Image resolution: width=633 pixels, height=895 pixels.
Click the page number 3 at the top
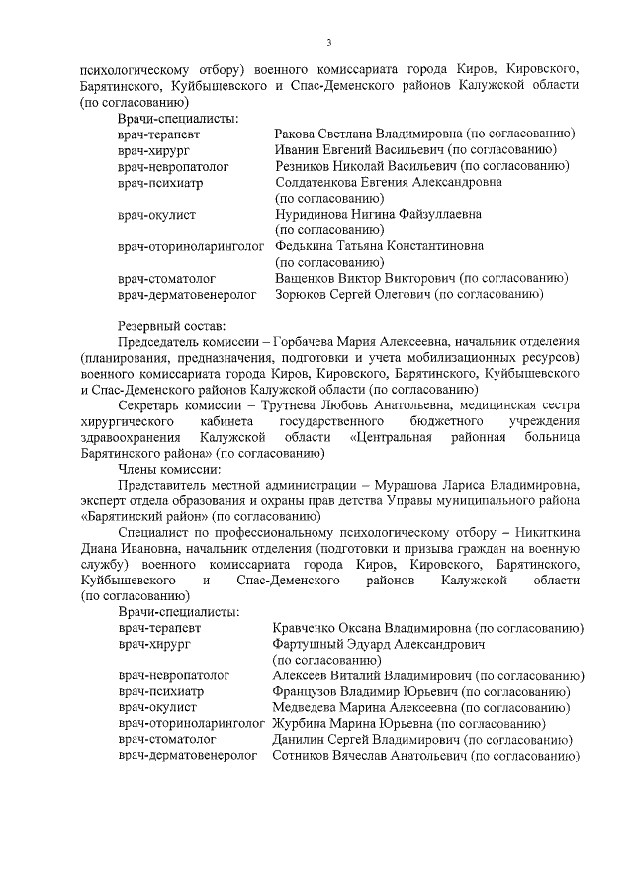(328, 42)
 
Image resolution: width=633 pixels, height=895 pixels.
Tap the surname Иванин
(299, 150)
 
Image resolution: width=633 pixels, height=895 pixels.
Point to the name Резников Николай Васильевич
(366, 166)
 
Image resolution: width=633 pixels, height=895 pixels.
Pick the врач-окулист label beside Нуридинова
(157, 215)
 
